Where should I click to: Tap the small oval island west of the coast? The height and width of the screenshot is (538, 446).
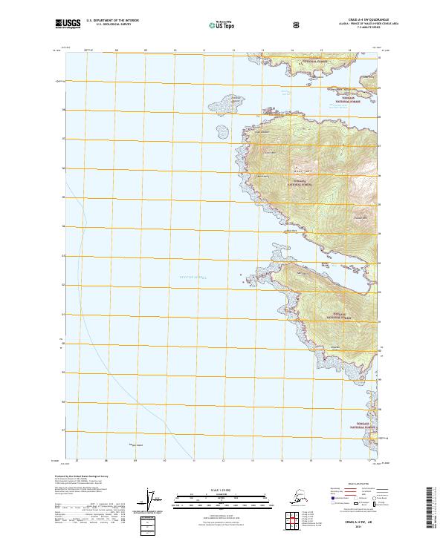point(221,133)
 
